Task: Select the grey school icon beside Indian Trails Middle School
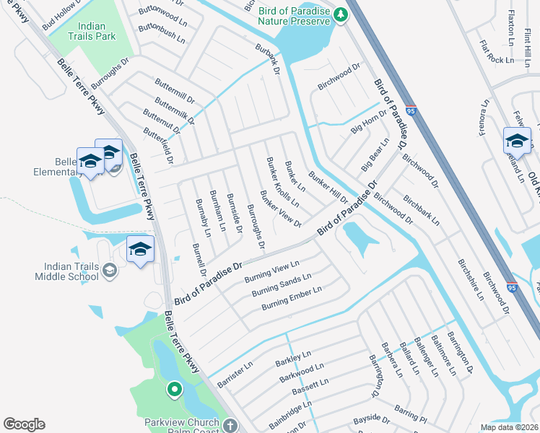tap(110, 271)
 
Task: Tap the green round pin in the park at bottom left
tap(174, 390)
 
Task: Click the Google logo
tap(24, 424)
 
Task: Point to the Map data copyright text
tap(509, 427)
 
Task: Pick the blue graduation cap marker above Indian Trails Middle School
tap(140, 249)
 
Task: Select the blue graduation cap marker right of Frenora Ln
tap(517, 140)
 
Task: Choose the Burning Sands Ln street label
tap(281, 286)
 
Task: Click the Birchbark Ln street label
tap(422, 209)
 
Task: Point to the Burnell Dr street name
tap(199, 260)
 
